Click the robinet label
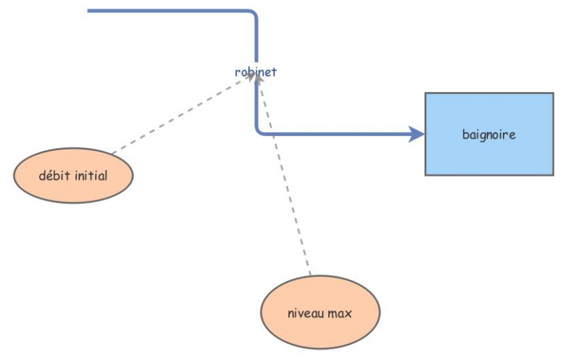click(x=255, y=72)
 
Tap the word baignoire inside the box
click(x=489, y=134)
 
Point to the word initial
click(x=90, y=175)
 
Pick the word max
click(x=339, y=314)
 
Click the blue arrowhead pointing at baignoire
click(x=417, y=133)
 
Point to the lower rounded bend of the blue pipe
click(x=259, y=131)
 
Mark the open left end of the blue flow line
click(x=89, y=11)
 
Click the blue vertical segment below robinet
click(x=257, y=105)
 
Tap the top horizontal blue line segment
click(x=168, y=11)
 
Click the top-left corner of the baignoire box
click(x=426, y=94)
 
